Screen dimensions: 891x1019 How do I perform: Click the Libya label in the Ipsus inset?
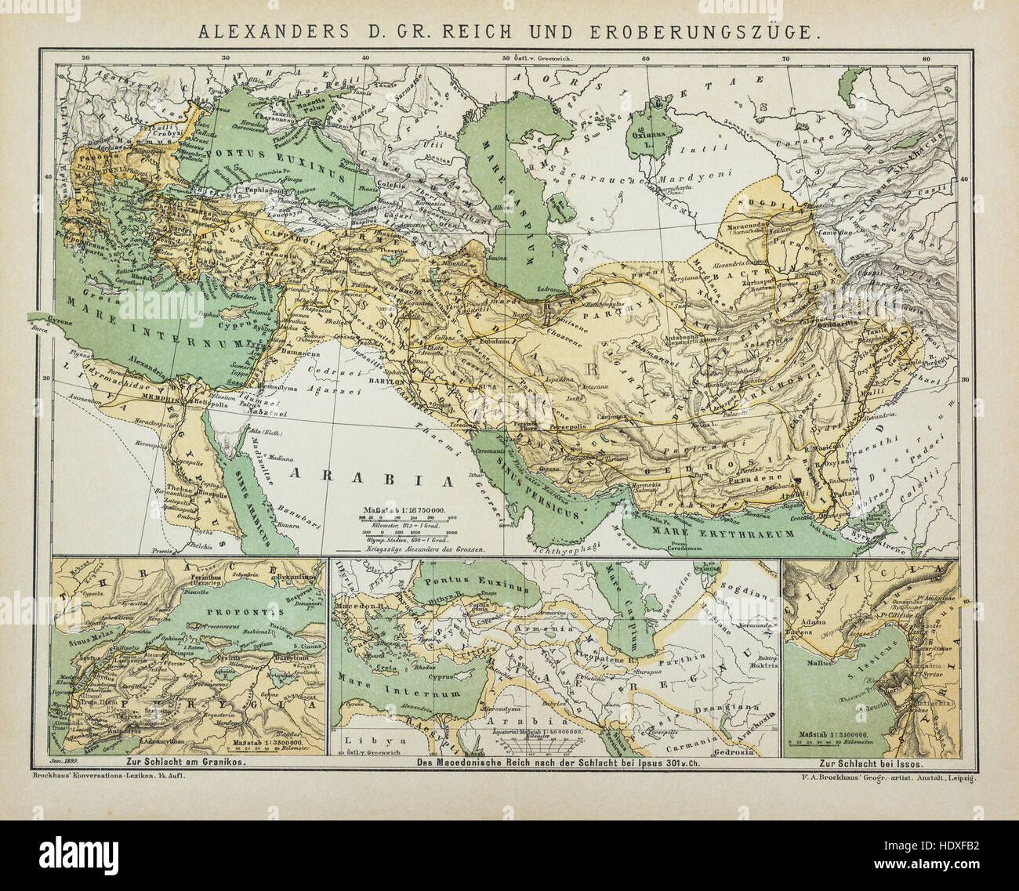366,741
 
